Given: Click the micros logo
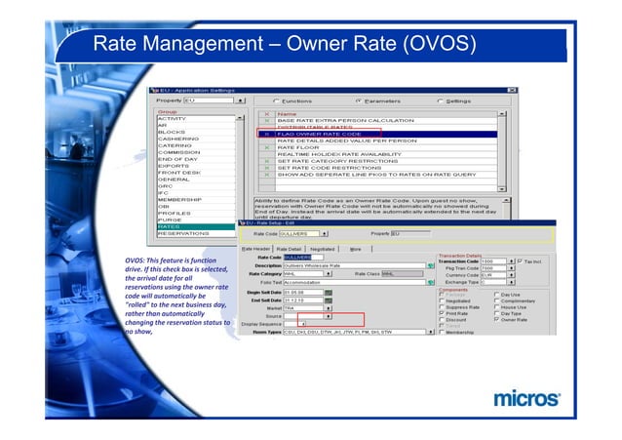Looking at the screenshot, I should [x=526, y=398].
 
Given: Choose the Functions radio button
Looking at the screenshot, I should [x=278, y=100].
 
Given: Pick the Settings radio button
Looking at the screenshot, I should [x=442, y=100].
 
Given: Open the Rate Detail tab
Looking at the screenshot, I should [x=290, y=249].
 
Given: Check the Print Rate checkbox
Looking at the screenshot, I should [x=442, y=312].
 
